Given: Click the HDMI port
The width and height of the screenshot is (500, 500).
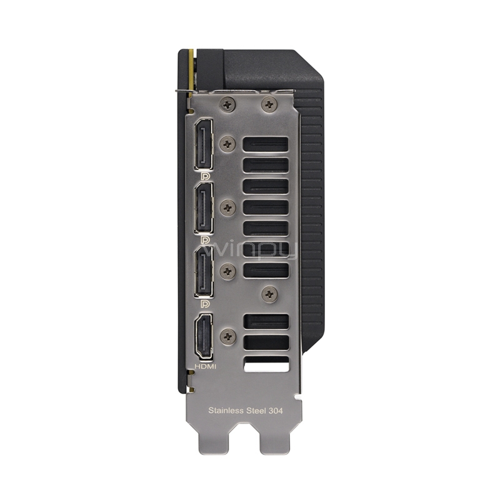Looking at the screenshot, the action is click(x=204, y=337).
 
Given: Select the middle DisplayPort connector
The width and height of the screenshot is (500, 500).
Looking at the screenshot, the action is click(x=204, y=208).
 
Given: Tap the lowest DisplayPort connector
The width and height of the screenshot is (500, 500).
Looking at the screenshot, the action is click(x=204, y=272).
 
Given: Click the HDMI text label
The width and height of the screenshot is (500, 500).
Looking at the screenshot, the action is click(x=205, y=367).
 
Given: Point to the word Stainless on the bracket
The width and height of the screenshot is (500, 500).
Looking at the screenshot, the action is click(x=226, y=411).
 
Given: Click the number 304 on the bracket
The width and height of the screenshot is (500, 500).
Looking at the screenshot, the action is click(x=275, y=411).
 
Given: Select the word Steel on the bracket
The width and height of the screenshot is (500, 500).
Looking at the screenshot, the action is click(x=256, y=411).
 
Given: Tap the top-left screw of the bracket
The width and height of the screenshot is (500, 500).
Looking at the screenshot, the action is click(x=227, y=104).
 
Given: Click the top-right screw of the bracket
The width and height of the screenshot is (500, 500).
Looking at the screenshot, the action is click(x=269, y=104).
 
